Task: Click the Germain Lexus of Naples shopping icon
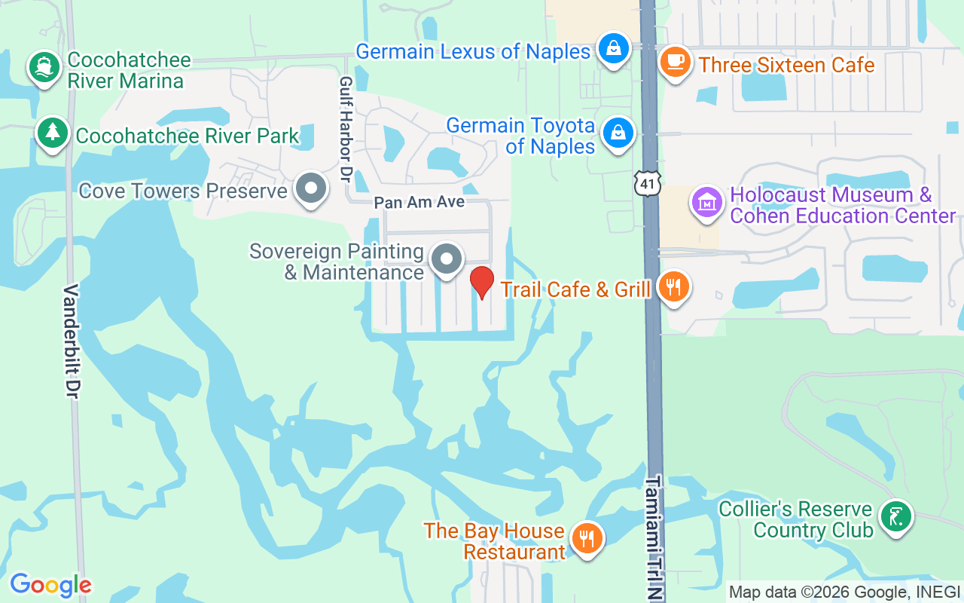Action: pos(614,49)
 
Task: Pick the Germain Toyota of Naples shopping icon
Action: pos(618,133)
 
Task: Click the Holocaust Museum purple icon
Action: pos(707,203)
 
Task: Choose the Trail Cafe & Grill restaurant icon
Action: pos(673,287)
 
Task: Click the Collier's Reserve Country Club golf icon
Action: pos(895,518)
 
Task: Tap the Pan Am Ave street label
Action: pos(419,203)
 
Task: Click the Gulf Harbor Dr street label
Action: pos(346,128)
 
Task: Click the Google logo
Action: pos(50,585)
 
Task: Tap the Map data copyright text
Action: pos(844,592)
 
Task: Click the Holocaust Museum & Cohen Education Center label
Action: pos(842,206)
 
